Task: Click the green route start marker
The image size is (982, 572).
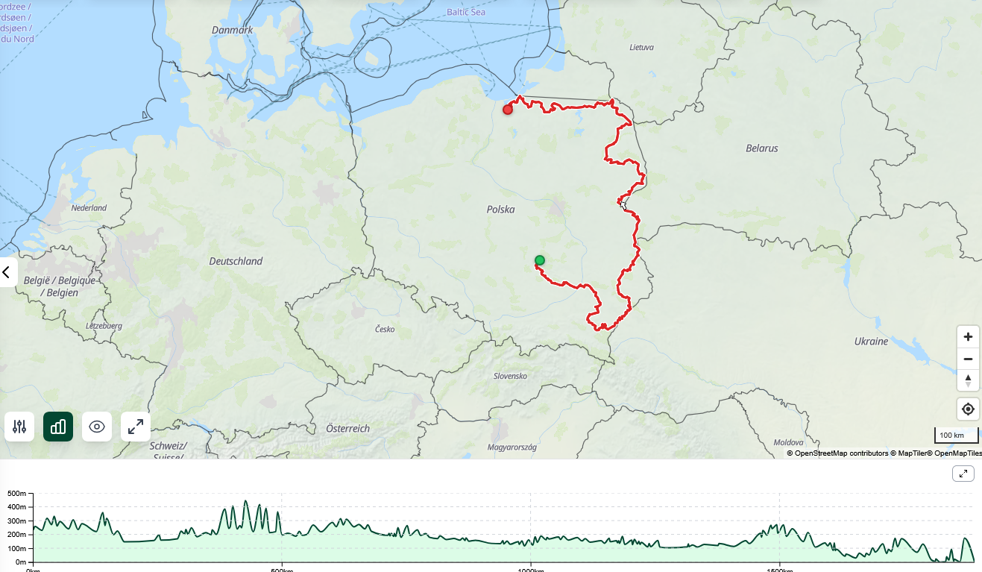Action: click(x=540, y=260)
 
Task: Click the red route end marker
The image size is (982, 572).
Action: click(x=508, y=110)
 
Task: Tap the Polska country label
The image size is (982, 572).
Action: click(x=501, y=210)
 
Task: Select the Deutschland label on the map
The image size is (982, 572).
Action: click(x=236, y=261)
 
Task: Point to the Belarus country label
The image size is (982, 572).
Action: click(x=761, y=148)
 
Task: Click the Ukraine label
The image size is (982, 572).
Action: click(x=871, y=342)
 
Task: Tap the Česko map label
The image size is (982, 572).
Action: click(x=385, y=329)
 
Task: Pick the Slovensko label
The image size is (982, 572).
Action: click(x=510, y=376)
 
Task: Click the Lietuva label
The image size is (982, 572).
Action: click(x=641, y=47)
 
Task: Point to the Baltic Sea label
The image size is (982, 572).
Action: click(x=466, y=12)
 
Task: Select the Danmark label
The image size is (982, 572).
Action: click(x=232, y=30)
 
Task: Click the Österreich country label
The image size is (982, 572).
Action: click(x=347, y=429)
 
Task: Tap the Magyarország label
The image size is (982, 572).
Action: click(x=512, y=447)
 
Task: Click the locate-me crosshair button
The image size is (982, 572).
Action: click(x=968, y=409)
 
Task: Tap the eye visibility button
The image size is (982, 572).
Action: click(x=97, y=427)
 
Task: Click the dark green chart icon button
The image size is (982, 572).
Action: click(x=58, y=427)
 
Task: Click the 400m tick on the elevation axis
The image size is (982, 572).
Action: click(x=16, y=507)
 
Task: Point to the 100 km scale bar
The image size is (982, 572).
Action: click(x=956, y=436)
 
